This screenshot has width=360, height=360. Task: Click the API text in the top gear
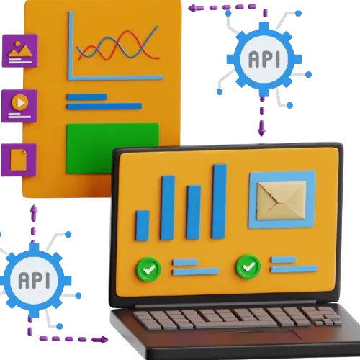click(264, 59)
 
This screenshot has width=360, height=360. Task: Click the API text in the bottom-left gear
click(34, 280)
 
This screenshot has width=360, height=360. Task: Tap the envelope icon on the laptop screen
click(282, 201)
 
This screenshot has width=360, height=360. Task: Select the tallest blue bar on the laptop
click(219, 202)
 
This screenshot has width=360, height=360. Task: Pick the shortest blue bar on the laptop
click(143, 225)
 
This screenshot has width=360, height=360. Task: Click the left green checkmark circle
click(148, 269)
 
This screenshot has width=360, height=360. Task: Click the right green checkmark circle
click(248, 266)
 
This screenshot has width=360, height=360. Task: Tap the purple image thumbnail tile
click(20, 50)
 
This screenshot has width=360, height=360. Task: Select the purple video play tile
click(19, 106)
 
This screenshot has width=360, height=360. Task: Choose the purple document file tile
click(19, 160)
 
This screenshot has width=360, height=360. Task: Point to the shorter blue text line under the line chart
click(86, 97)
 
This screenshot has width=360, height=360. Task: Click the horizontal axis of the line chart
click(116, 78)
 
